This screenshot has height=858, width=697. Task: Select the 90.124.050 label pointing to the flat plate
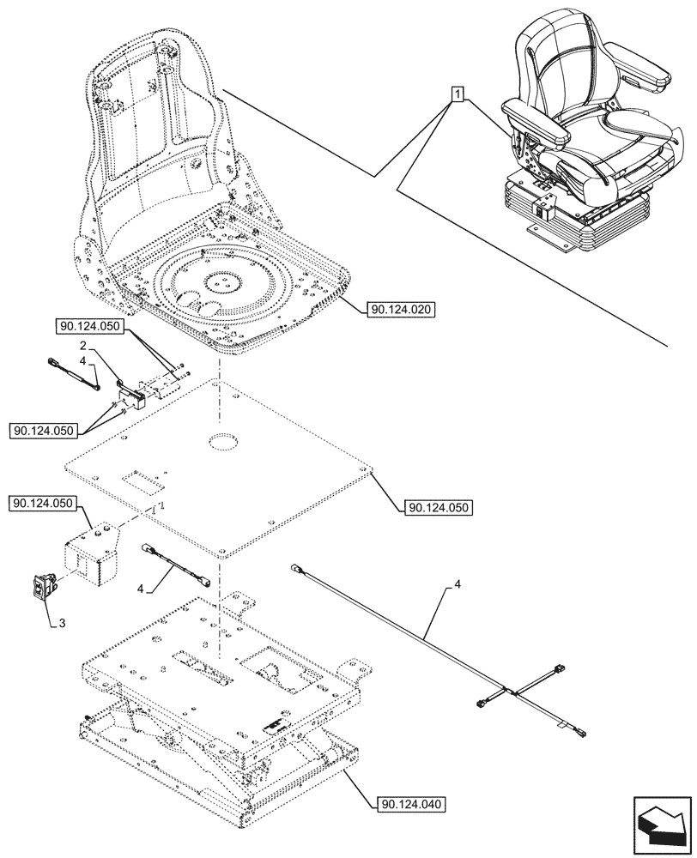click(438, 507)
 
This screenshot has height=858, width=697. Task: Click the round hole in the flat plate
click(222, 442)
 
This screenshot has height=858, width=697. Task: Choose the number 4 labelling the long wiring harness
click(458, 584)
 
